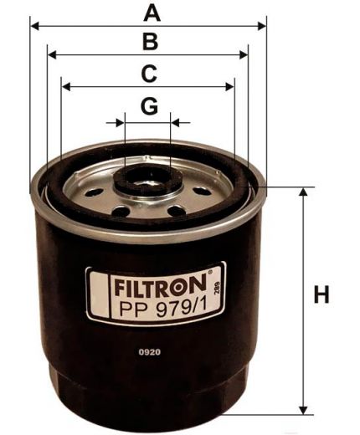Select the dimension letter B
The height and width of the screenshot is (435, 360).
click(x=149, y=41)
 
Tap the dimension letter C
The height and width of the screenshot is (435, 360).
click(x=148, y=74)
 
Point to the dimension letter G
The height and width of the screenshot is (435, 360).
click(x=148, y=106)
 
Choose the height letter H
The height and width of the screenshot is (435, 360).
click(x=321, y=295)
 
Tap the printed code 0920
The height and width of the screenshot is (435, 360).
click(x=150, y=352)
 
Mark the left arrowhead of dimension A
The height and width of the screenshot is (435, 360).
click(x=34, y=26)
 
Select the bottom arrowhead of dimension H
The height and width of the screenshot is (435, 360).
click(x=301, y=411)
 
